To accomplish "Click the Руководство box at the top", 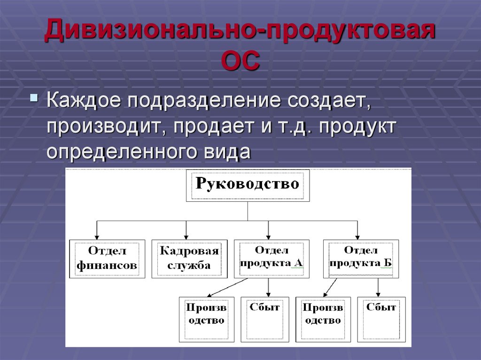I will (248, 185).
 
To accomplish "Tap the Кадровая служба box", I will (189, 259).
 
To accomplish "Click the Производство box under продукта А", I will (206, 319).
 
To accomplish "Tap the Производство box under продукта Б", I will (323, 319).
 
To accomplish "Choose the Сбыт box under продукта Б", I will (381, 319).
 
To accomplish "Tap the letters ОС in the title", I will (240, 62).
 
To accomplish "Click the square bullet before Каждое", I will (34, 99).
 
